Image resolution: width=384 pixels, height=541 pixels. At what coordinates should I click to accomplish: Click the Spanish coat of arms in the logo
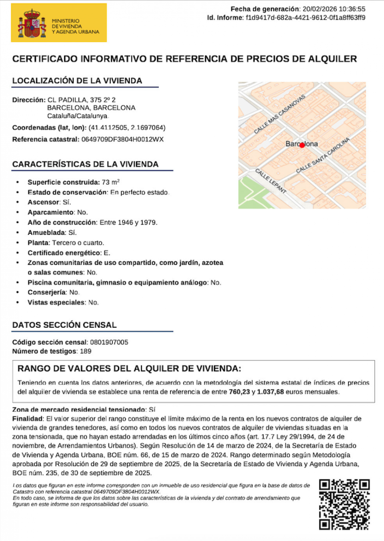32,23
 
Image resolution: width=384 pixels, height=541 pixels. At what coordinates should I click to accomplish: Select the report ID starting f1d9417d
305,18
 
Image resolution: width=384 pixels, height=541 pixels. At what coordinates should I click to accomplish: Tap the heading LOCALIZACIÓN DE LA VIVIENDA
77,81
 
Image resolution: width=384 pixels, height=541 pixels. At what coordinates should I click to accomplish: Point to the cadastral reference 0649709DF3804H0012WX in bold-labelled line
122,139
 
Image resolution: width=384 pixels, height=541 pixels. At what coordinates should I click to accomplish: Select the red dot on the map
302,145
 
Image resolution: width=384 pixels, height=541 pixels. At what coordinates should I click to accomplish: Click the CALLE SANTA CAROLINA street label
323,156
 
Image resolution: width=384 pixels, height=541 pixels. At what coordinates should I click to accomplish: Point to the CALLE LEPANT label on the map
271,181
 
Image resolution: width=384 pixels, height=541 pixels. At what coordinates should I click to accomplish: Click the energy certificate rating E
106,253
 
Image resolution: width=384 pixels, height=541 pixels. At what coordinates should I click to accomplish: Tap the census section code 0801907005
109,342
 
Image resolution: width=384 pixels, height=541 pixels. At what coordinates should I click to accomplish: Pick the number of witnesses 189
86,351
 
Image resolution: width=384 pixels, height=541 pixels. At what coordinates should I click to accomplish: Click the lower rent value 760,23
239,392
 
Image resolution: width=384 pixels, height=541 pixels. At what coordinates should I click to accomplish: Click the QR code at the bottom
344,504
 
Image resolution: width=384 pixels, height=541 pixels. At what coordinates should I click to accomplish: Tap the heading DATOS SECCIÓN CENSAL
64,325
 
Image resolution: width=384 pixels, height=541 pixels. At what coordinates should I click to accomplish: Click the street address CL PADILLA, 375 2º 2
82,100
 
